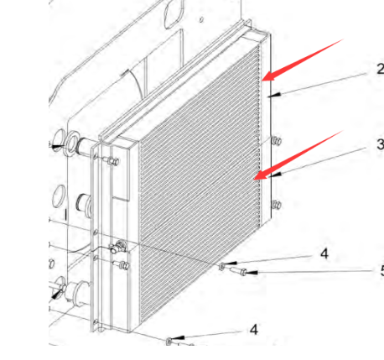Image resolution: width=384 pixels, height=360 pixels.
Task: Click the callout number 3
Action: point(380,144)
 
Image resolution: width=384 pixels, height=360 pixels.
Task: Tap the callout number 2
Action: point(381,69)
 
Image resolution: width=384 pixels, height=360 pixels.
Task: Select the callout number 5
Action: point(381,271)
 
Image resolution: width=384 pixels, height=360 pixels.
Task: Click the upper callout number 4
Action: point(324,254)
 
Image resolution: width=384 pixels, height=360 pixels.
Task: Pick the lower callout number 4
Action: point(254,330)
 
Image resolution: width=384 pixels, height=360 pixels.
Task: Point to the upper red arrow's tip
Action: point(262,81)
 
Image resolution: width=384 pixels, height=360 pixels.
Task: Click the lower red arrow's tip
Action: point(254,179)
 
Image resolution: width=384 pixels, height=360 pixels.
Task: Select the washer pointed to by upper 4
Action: point(221,267)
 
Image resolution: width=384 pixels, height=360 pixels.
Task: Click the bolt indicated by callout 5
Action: point(239,271)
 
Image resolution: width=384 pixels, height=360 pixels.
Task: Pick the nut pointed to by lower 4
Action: point(169,342)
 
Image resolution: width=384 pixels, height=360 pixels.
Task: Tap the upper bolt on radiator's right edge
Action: point(276,141)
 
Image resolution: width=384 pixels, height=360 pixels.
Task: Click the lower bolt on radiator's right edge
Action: point(276,205)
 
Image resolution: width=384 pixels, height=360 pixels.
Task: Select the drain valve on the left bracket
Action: point(118,247)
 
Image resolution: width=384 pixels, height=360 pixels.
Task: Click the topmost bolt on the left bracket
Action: point(112,161)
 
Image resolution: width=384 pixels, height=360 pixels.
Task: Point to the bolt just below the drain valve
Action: point(121,264)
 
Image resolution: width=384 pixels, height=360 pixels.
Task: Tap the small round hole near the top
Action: point(201,19)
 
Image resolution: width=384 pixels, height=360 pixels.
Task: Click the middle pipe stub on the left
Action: point(85,205)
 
